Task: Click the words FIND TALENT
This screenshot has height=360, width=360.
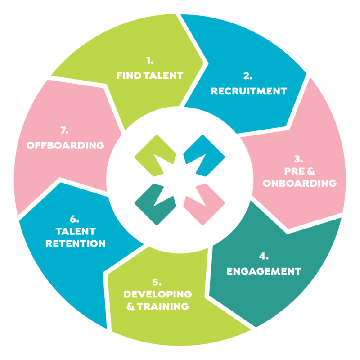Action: [x=150, y=76]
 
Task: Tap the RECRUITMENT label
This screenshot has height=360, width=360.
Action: [x=249, y=91]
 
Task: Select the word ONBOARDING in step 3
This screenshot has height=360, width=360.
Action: [x=300, y=183]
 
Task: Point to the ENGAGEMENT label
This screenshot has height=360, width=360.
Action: [x=264, y=271]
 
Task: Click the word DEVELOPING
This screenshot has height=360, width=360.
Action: [x=157, y=294]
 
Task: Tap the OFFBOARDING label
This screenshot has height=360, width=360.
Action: [x=66, y=145]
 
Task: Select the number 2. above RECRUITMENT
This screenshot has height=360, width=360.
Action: [x=249, y=76]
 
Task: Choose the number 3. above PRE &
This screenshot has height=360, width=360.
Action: [x=299, y=158]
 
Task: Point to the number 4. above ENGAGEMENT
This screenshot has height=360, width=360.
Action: [x=264, y=256]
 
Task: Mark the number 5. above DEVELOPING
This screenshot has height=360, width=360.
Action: [x=157, y=282]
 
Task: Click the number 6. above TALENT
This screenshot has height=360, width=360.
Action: [x=75, y=220]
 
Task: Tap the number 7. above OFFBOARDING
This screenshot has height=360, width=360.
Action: [x=64, y=131]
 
